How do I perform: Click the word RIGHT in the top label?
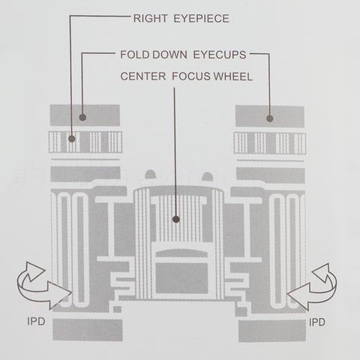pyautogui.click(x=150, y=19)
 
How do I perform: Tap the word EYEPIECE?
pyautogui.click(x=201, y=19)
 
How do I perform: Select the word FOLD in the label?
pyautogui.click(x=135, y=55)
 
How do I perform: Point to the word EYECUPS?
pyautogui.click(x=220, y=55)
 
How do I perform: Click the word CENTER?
pyautogui.click(x=143, y=76)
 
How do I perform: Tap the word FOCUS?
pyautogui.click(x=191, y=76)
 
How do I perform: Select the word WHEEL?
pyautogui.click(x=232, y=76)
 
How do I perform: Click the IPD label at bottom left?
pyautogui.click(x=36, y=321)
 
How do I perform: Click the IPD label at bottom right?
pyautogui.click(x=317, y=322)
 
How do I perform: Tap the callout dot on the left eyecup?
pyautogui.click(x=82, y=117)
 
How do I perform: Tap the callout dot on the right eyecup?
pyautogui.click(x=269, y=118)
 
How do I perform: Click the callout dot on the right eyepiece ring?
pyautogui.click(x=72, y=139)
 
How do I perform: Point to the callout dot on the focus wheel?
pyautogui.click(x=176, y=220)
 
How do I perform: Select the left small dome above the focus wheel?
pyautogui.click(x=151, y=174)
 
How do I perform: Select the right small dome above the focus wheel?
pyautogui.click(x=207, y=176)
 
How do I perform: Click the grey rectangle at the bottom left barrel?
pyautogui.click(x=88, y=330)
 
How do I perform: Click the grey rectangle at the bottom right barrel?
pyautogui.click(x=272, y=331)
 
